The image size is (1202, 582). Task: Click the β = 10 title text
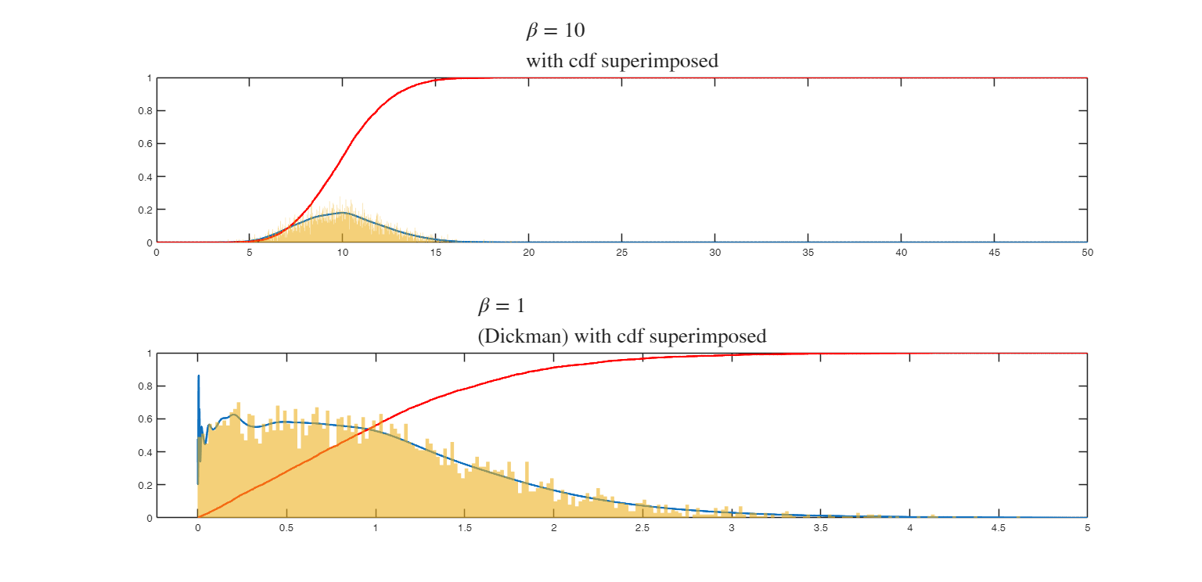(x=555, y=31)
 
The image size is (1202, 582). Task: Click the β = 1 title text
(x=501, y=306)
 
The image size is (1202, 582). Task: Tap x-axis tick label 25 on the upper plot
(x=621, y=253)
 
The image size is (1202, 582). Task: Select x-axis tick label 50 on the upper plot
(x=1087, y=253)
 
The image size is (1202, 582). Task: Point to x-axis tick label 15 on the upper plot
(x=435, y=253)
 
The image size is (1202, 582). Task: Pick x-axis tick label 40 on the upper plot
(x=901, y=253)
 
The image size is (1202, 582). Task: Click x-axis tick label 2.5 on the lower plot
(x=642, y=528)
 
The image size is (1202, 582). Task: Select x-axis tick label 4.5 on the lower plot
(x=998, y=528)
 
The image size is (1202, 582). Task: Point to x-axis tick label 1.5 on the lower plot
(x=464, y=528)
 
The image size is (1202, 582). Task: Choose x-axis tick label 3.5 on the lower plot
(x=820, y=528)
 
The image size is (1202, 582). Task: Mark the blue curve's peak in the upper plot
(x=343, y=213)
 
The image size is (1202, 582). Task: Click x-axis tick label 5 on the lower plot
(x=1087, y=528)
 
